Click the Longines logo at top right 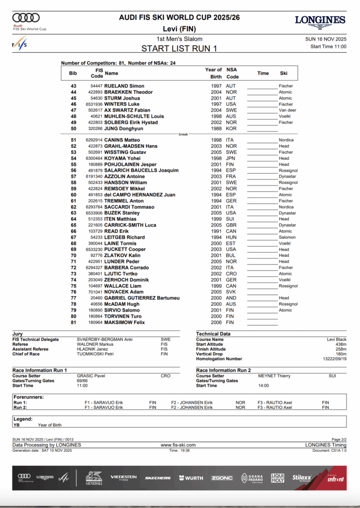[320, 22]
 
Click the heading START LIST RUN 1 [179, 49]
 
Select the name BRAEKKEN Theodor [129, 92]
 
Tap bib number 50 [73, 129]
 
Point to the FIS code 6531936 [94, 105]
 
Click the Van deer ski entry [288, 111]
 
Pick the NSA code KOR [231, 129]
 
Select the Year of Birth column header [214, 73]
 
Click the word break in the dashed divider [183, 134]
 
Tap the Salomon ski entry [287, 238]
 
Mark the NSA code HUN [231, 238]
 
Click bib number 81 [73, 322]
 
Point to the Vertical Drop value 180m [340, 354]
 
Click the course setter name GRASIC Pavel [91, 376]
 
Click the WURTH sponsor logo [191, 478]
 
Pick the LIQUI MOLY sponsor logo [278, 478]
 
